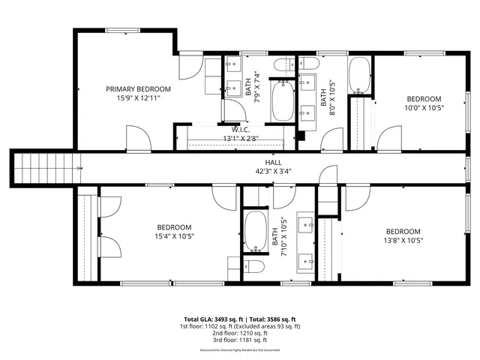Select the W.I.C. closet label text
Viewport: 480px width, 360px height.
point(240,129)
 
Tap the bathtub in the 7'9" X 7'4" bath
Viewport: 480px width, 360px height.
point(283,103)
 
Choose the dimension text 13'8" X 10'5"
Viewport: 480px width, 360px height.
point(403,241)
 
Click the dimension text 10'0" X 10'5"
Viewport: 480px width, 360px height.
point(424,107)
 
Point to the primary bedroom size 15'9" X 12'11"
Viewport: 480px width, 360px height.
point(138,97)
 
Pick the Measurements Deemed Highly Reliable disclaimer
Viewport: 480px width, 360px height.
point(239,351)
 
